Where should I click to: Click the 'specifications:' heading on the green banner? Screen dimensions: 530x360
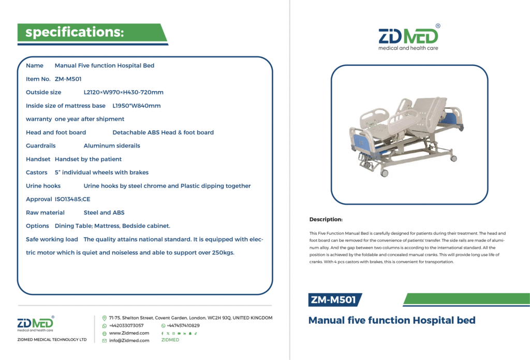(75, 32)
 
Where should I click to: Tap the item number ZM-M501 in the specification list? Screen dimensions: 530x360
(68, 79)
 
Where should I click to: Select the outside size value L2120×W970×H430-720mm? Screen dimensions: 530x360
(123, 92)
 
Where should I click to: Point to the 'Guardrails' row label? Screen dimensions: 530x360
(40, 146)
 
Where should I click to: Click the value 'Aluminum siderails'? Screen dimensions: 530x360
(112, 146)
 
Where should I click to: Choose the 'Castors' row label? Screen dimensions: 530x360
(37, 172)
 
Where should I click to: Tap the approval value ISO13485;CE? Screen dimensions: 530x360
(72, 199)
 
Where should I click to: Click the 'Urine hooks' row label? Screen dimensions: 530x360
(43, 186)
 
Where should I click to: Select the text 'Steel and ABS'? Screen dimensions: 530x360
(104, 212)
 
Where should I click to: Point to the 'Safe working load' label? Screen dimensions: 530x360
(52, 239)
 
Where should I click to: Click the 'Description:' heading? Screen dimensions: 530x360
(326, 219)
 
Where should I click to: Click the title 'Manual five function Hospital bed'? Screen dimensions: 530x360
(392, 320)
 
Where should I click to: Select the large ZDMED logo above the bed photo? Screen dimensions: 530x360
(408, 37)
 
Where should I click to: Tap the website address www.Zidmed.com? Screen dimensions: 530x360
(129, 333)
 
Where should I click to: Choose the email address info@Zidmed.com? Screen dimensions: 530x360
(129, 340)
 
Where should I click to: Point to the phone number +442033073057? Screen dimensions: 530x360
(126, 325)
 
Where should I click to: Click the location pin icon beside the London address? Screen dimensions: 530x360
(105, 318)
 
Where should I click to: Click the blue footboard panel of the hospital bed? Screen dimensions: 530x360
(361, 142)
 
